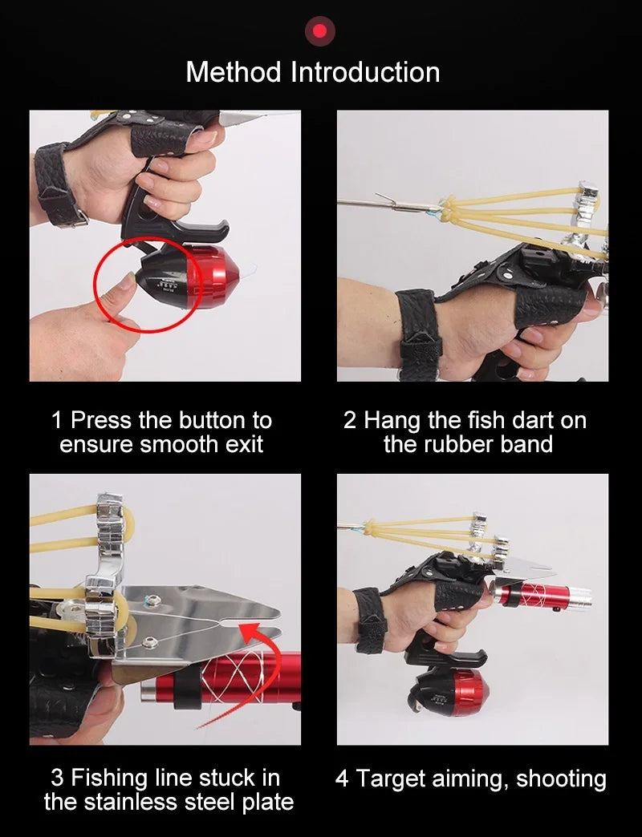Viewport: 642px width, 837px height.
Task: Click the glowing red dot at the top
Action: [320, 31]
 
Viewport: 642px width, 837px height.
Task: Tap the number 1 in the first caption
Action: [57, 420]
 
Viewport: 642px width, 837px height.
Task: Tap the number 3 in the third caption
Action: [57, 777]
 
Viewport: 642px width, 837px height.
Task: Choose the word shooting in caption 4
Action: [561, 778]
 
